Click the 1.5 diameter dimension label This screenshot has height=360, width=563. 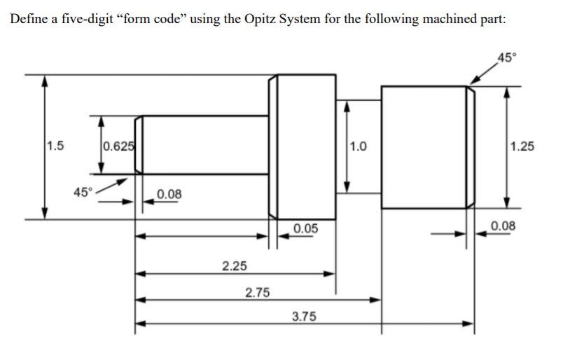[x=55, y=146]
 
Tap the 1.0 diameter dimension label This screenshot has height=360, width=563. [x=357, y=146]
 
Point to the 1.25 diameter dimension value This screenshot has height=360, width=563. [x=522, y=146]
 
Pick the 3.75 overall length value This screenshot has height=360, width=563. [x=303, y=317]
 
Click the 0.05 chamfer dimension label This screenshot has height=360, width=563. [x=306, y=228]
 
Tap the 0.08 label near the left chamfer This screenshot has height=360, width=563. [x=169, y=193]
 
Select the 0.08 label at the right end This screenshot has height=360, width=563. [x=503, y=226]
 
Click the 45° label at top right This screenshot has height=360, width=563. [x=506, y=57]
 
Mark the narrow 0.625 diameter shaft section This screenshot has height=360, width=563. [x=203, y=145]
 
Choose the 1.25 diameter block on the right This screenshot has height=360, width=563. [x=424, y=146]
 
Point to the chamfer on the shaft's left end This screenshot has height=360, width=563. [x=139, y=145]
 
